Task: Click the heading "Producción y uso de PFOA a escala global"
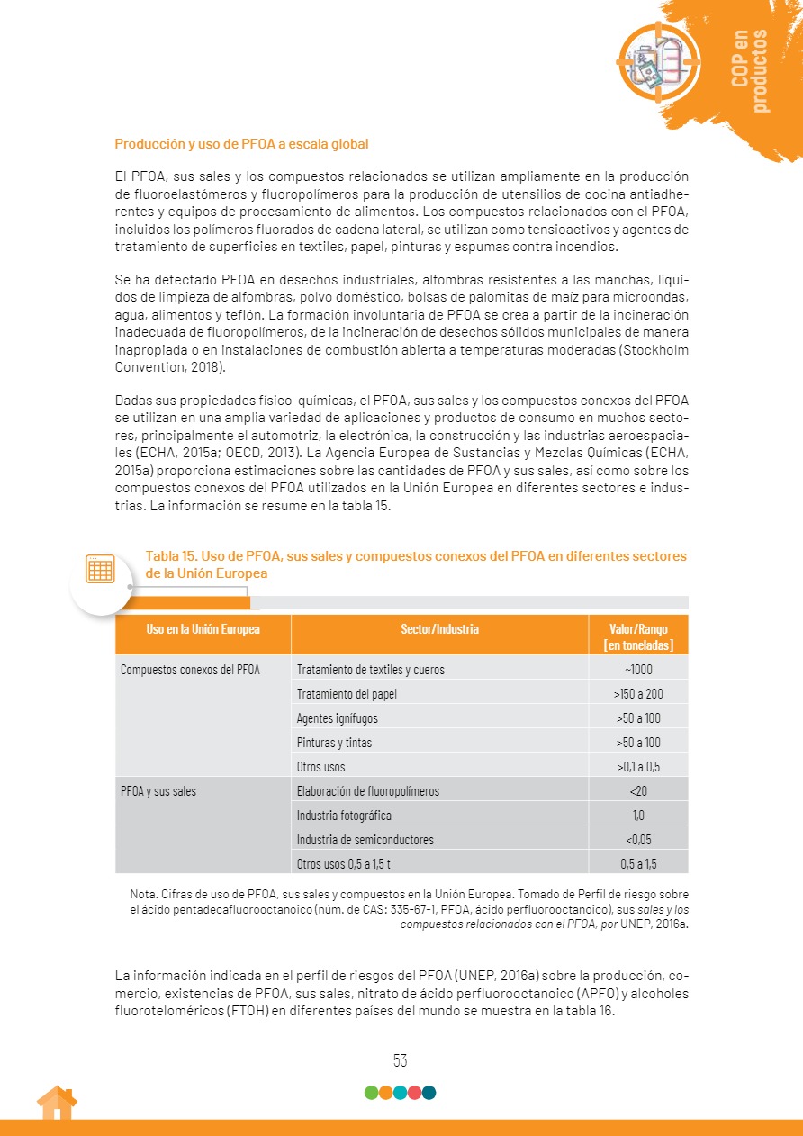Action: [241, 144]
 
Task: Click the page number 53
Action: [401, 1060]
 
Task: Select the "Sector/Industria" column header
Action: [439, 629]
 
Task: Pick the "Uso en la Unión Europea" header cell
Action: [203, 629]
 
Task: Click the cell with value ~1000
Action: [638, 670]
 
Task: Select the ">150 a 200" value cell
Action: [638, 694]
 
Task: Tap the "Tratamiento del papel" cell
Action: [347, 694]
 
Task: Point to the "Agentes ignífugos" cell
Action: [338, 718]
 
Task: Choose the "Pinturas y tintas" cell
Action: [334, 743]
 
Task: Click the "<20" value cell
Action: [638, 791]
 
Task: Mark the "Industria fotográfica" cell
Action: [344, 816]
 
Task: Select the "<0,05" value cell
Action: [638, 840]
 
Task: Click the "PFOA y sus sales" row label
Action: [158, 791]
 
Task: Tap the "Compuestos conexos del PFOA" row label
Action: [190, 670]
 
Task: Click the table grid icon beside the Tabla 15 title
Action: [100, 570]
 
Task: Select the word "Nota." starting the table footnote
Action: [143, 895]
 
